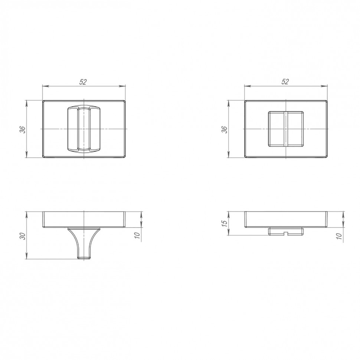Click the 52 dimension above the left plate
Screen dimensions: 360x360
pos(83,82)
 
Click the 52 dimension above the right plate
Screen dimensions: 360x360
pos(285,82)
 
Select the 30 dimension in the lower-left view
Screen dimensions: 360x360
pos(23,236)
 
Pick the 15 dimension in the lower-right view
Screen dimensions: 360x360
pos(225,222)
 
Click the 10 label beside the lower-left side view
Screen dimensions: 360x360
pos(137,235)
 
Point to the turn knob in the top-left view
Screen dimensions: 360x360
pos(84,129)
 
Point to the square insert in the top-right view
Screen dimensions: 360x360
pos(286,129)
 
